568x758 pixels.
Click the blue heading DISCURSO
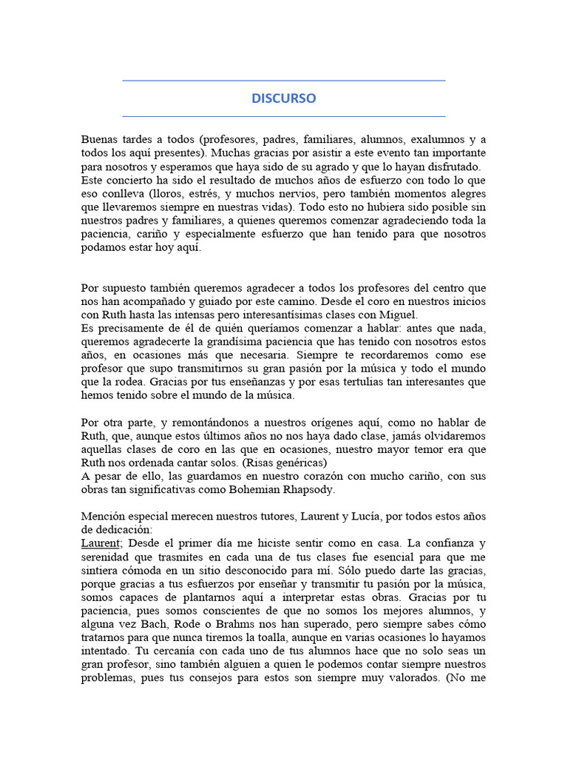[x=283, y=98]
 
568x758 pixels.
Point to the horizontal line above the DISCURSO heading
[x=283, y=81]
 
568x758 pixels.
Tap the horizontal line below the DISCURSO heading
[x=283, y=116]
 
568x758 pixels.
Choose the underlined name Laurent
[x=101, y=543]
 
